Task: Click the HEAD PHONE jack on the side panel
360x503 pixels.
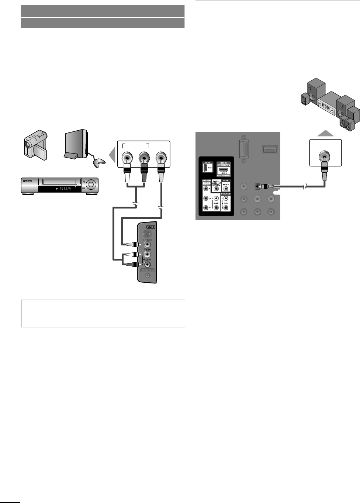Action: point(147,275)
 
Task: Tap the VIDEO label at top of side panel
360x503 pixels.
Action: point(150,227)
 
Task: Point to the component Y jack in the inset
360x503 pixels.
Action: point(205,188)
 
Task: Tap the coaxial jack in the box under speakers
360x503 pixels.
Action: point(325,156)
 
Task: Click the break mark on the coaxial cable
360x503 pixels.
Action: point(304,187)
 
